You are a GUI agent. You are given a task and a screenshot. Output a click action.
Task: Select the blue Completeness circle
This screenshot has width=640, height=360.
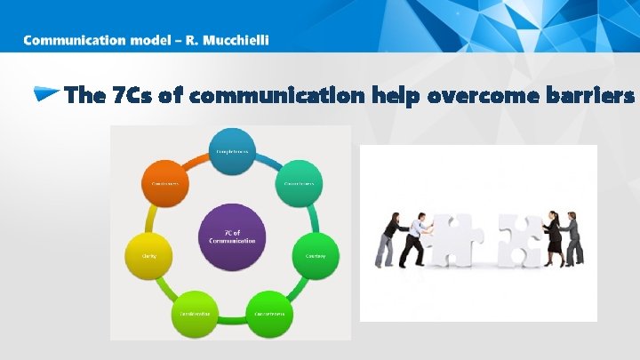click(x=232, y=151)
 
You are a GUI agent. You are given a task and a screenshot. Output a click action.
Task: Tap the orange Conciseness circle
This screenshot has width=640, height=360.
click(x=164, y=183)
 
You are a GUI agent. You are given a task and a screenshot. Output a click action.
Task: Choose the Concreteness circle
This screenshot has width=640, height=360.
click(x=269, y=313)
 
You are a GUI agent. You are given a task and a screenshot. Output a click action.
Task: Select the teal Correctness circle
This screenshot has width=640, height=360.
click(x=300, y=183)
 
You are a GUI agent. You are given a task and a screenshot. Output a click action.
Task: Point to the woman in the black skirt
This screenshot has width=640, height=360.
click(x=553, y=236)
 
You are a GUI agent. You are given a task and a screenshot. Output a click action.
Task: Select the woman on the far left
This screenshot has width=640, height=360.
click(x=388, y=238)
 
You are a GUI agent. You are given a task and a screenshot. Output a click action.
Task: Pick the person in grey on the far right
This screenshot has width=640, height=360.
click(x=574, y=236)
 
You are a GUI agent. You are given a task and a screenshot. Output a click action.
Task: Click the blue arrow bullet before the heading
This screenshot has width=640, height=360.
click(x=47, y=94)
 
